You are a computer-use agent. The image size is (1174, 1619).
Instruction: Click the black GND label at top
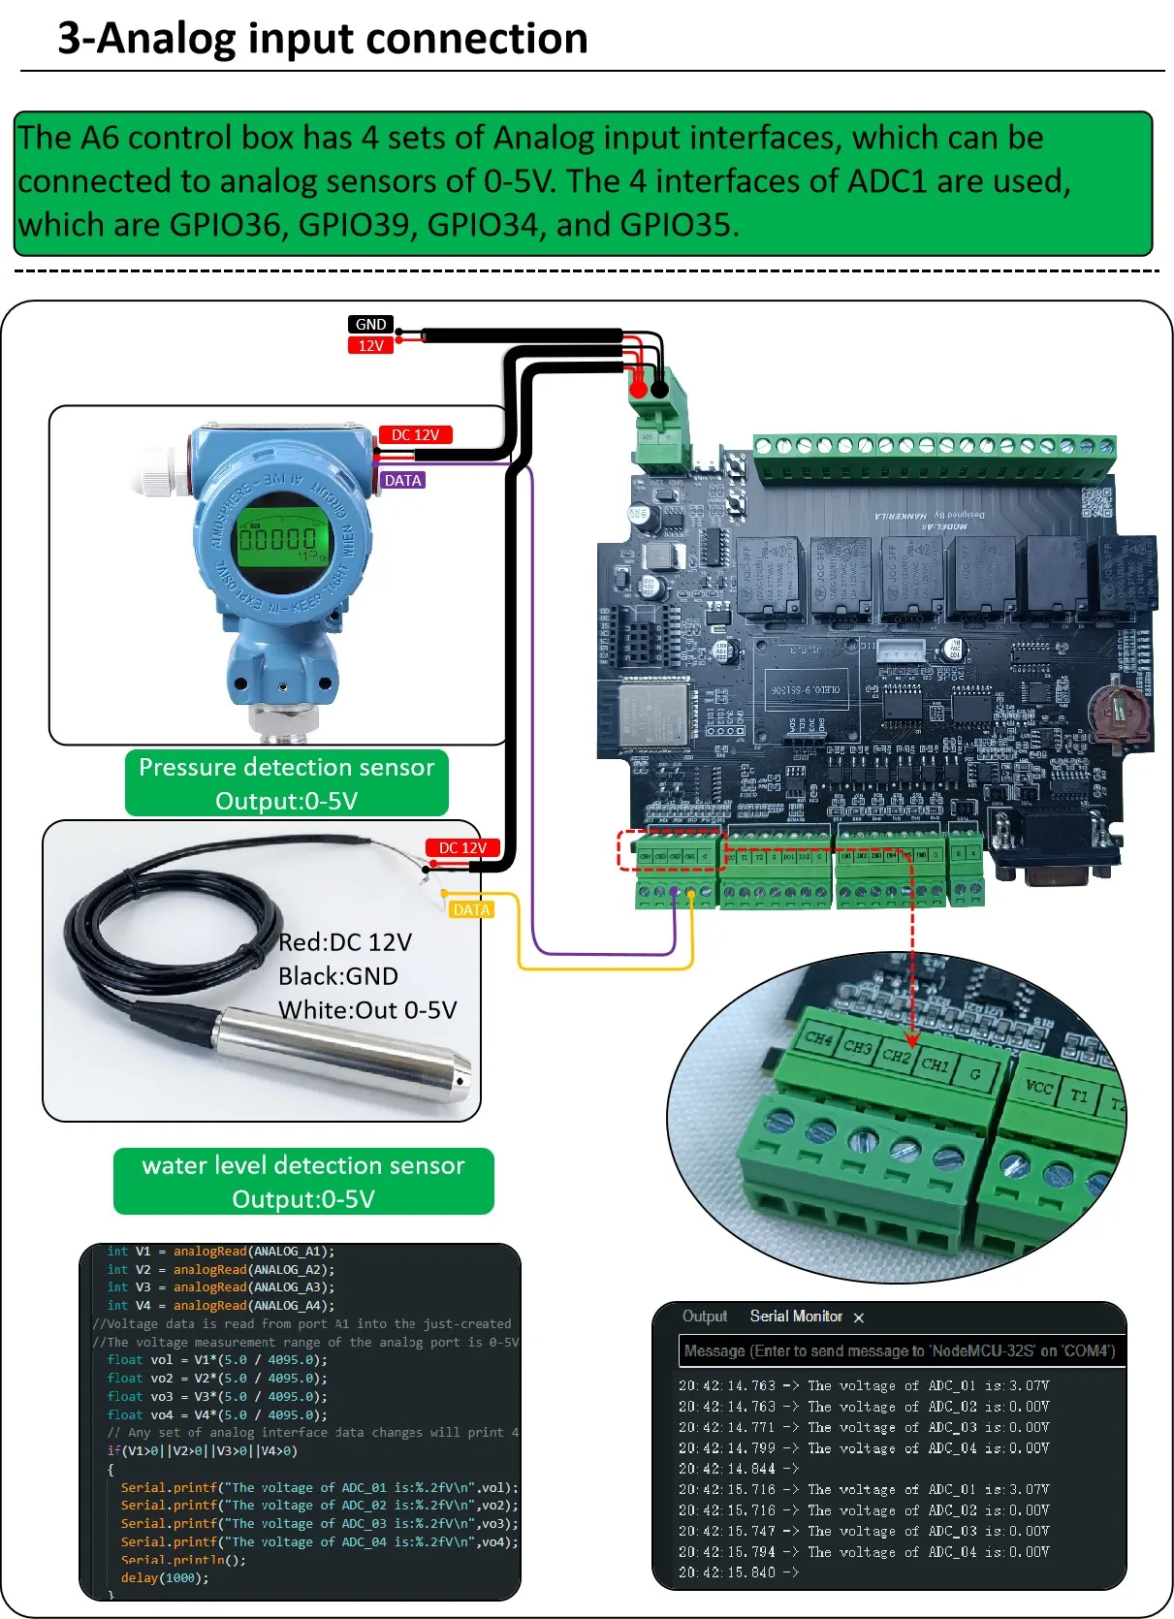point(370,325)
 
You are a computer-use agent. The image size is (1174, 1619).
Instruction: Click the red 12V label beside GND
point(370,346)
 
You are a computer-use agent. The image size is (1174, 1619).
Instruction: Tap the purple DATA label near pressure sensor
point(402,480)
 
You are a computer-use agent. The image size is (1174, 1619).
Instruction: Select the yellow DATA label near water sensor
point(471,909)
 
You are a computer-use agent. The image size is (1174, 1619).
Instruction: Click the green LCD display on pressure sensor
point(279,539)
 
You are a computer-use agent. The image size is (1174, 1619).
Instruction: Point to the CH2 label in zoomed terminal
point(896,1056)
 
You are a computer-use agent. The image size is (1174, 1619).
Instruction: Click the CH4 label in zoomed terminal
point(818,1038)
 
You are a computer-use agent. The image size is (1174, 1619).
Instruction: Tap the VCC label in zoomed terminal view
point(1038,1087)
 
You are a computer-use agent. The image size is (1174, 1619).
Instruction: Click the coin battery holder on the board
point(1121,715)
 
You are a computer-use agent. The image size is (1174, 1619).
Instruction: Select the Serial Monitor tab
point(796,1316)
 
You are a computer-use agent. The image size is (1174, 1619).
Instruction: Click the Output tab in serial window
point(704,1316)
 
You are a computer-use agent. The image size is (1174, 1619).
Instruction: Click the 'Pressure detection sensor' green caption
point(286,768)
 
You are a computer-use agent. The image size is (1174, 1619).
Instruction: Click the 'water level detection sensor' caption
point(303,1165)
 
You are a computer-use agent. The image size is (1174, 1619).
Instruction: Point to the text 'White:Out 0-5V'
point(367,1010)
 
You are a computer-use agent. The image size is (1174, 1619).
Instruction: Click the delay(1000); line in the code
point(165,1577)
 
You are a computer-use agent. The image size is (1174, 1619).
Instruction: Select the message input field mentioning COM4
point(900,1350)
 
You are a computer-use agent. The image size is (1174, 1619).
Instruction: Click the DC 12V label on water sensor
point(462,847)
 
